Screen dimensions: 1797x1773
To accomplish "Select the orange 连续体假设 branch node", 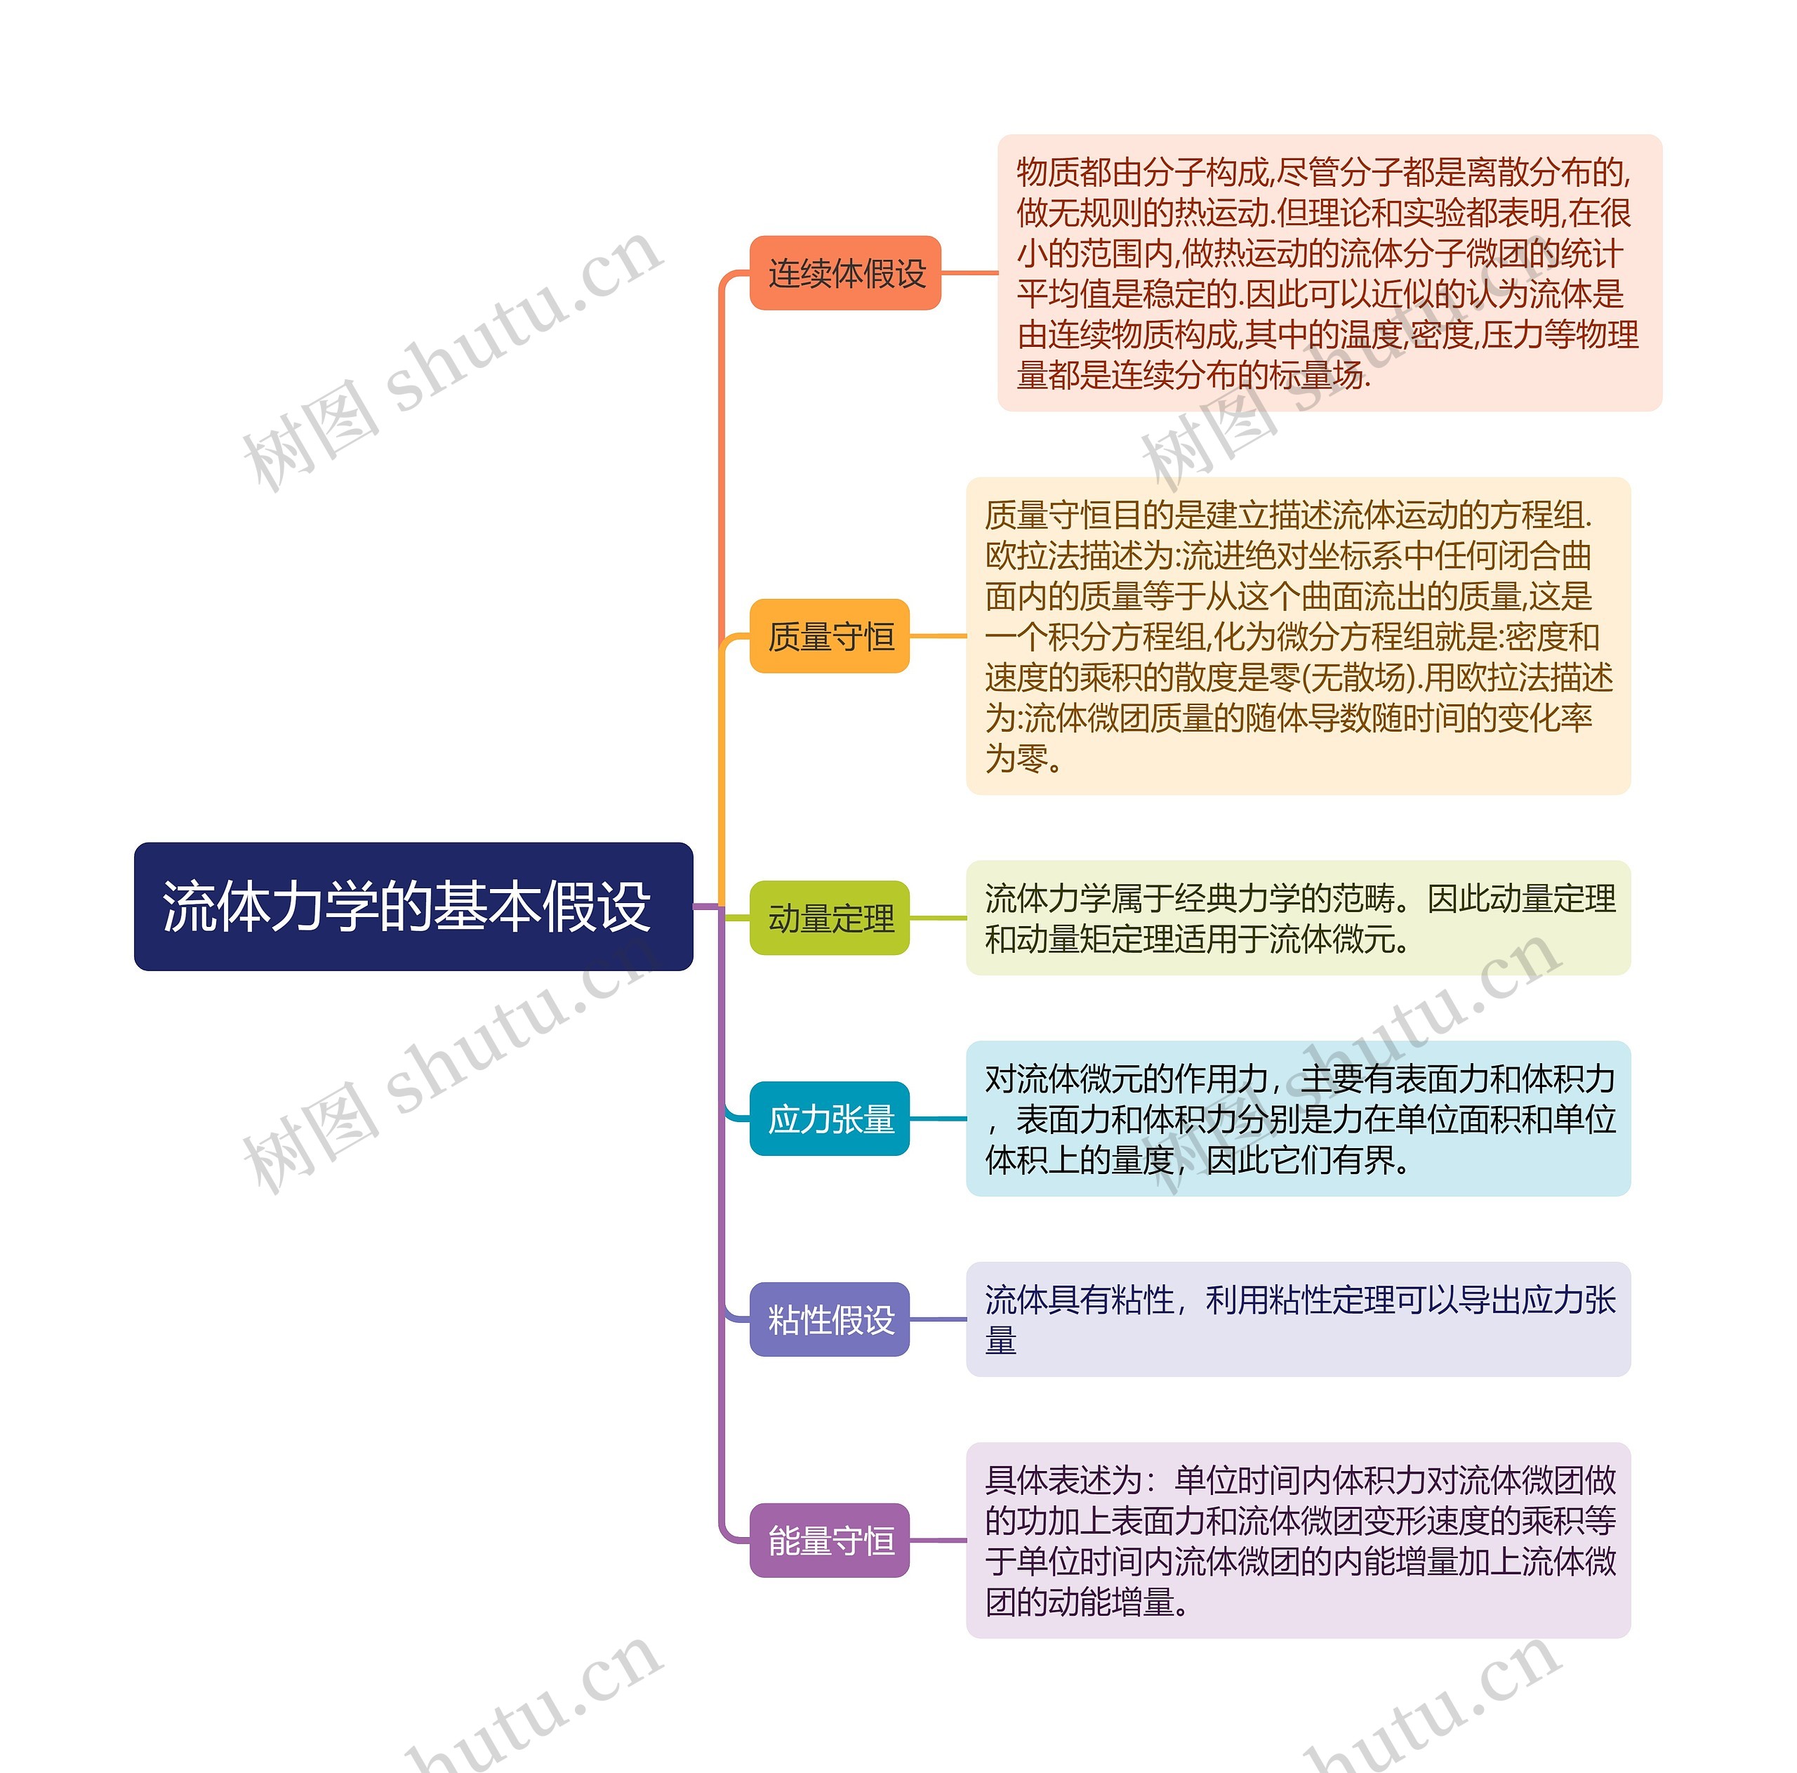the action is (x=844, y=272).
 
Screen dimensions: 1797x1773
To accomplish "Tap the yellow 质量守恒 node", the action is (x=829, y=636).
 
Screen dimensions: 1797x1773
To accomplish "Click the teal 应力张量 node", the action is (x=829, y=1118).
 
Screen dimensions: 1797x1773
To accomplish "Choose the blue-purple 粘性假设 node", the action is (x=829, y=1319).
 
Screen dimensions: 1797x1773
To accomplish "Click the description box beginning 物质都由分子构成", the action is (x=1329, y=272).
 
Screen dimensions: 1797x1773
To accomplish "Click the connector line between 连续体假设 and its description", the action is (x=969, y=272).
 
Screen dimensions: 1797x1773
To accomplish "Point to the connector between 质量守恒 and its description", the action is (x=938, y=636).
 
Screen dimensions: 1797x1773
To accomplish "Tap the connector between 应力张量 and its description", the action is (x=938, y=1118).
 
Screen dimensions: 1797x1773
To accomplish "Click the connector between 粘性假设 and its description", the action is (x=938, y=1319).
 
